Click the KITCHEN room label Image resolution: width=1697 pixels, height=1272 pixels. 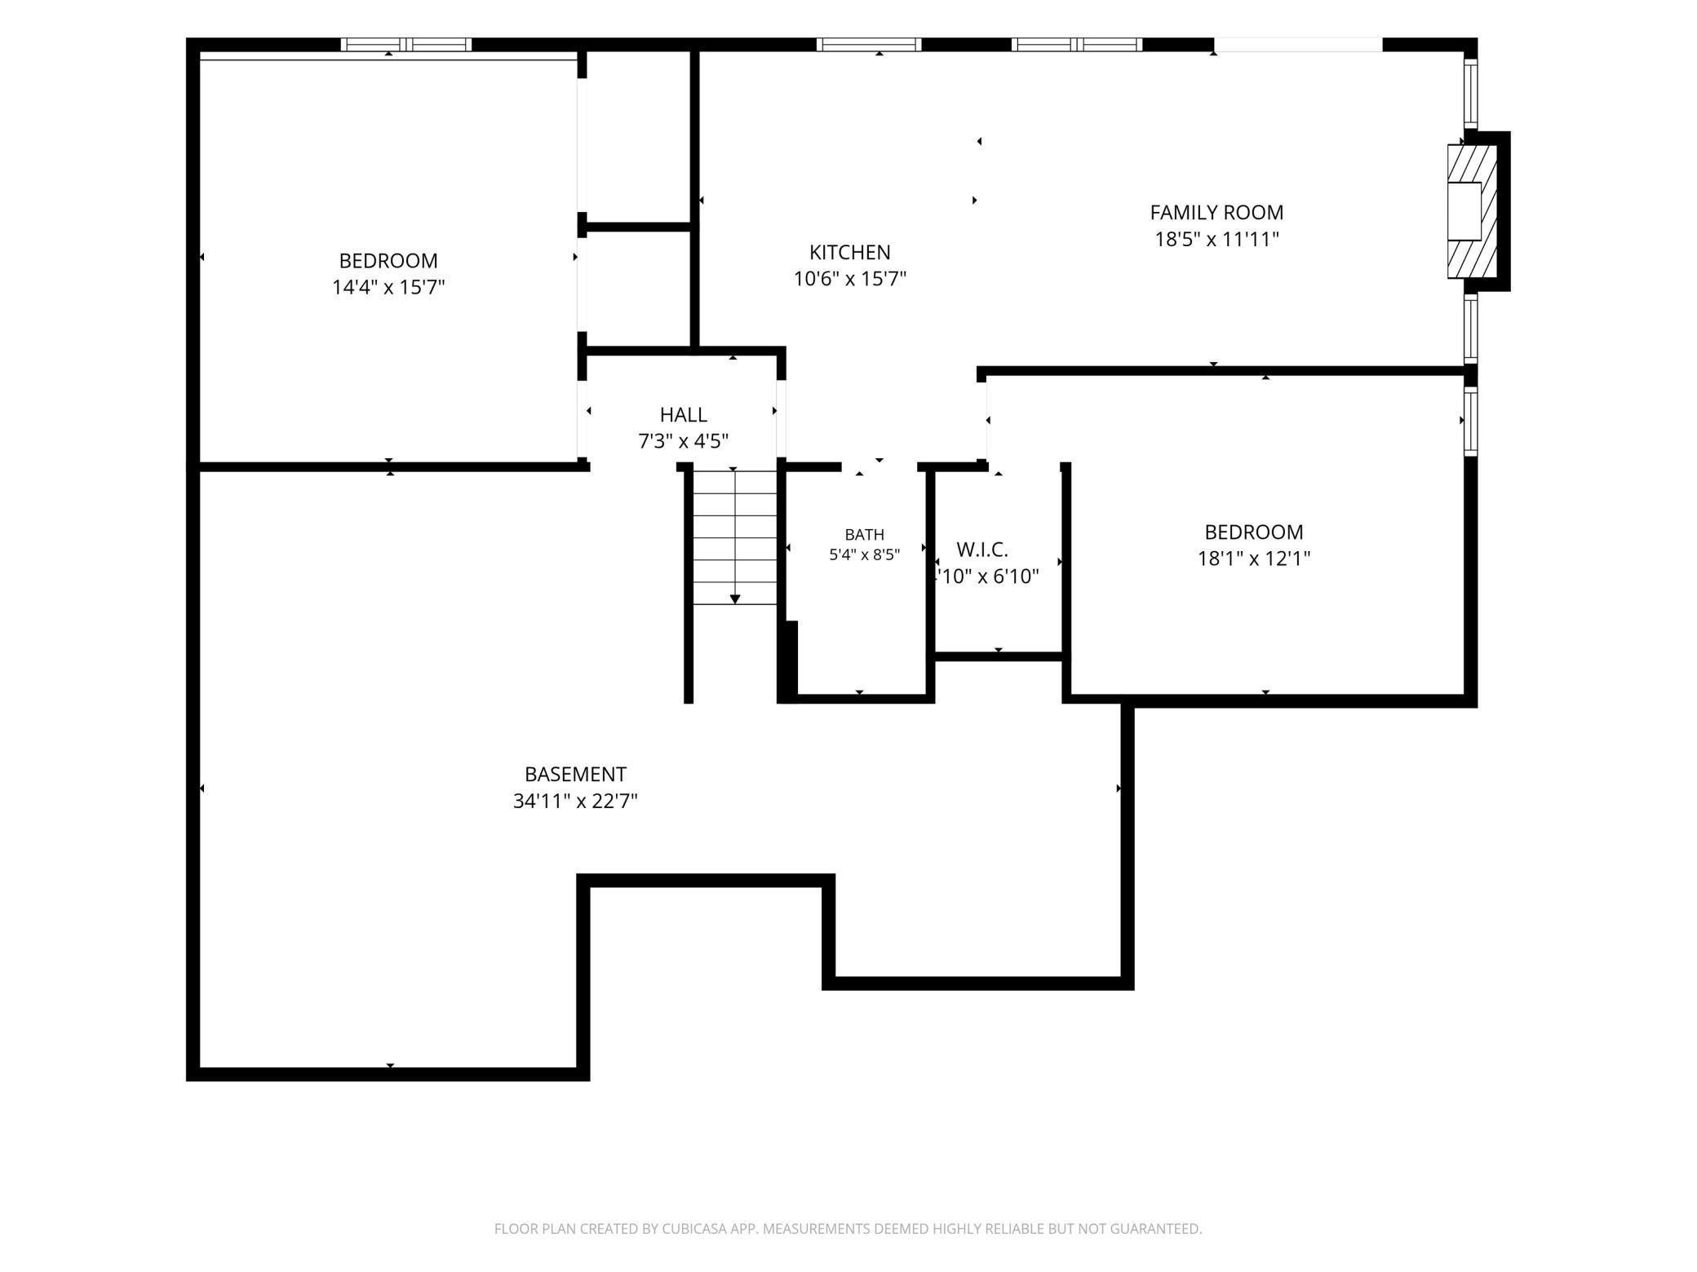(849, 252)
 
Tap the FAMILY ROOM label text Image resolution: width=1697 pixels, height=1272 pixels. (1216, 213)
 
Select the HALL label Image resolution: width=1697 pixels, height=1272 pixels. (683, 414)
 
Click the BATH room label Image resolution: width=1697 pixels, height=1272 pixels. (864, 535)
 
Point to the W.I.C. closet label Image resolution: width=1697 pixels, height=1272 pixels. (982, 550)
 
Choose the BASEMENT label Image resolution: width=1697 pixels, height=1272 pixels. (575, 774)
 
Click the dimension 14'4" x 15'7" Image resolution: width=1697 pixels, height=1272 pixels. (388, 288)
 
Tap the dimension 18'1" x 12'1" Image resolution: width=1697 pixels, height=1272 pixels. (1253, 559)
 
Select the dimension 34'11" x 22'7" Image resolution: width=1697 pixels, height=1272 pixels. (575, 801)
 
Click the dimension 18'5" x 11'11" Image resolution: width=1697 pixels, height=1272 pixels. (1216, 240)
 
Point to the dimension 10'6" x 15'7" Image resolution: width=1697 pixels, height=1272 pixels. (849, 279)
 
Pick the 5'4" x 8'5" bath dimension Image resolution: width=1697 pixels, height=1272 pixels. (864, 555)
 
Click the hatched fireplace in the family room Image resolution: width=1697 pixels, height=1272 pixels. (1473, 211)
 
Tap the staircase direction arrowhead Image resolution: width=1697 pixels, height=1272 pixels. (735, 599)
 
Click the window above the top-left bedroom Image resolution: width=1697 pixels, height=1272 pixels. (405, 45)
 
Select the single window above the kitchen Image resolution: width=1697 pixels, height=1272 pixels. (869, 45)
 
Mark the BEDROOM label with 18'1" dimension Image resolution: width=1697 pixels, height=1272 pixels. (1253, 532)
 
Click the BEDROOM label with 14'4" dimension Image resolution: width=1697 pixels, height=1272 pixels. (388, 261)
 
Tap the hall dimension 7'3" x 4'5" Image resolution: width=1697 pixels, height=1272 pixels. (683, 441)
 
